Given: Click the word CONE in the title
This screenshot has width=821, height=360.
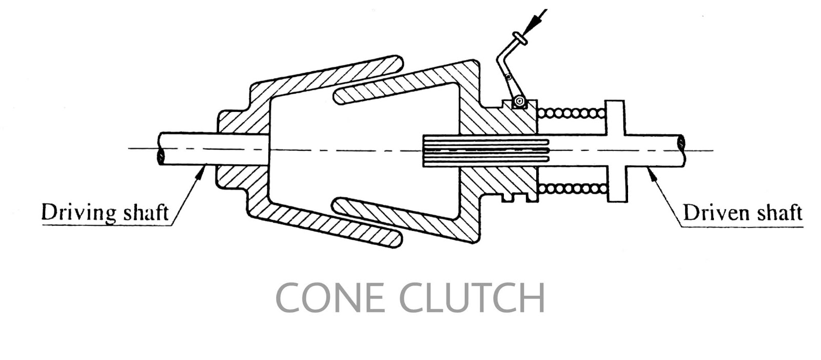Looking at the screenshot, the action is click(330, 298).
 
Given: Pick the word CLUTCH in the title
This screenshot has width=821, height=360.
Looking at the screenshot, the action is click(472, 298).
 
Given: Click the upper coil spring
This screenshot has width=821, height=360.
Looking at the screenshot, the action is click(571, 113).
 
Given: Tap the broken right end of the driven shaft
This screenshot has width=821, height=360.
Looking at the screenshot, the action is click(682, 150).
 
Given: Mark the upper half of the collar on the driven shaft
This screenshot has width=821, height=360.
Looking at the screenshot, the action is click(615, 117).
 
